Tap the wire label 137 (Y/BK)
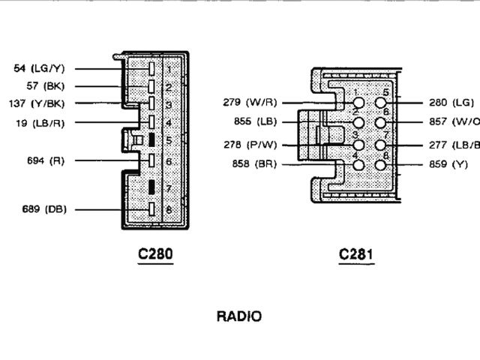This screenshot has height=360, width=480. tap(37, 103)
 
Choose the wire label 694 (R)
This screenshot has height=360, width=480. tap(46, 160)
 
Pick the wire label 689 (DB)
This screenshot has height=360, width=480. tap(43, 209)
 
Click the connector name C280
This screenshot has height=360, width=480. tap(155, 254)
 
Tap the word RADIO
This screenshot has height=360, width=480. tap(239, 316)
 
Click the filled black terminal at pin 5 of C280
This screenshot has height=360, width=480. tap(151, 139)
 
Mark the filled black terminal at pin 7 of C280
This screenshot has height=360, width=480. tap(151, 187)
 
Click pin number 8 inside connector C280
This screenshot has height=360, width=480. tap(169, 210)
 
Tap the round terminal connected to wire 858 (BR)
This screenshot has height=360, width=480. tap(358, 164)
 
